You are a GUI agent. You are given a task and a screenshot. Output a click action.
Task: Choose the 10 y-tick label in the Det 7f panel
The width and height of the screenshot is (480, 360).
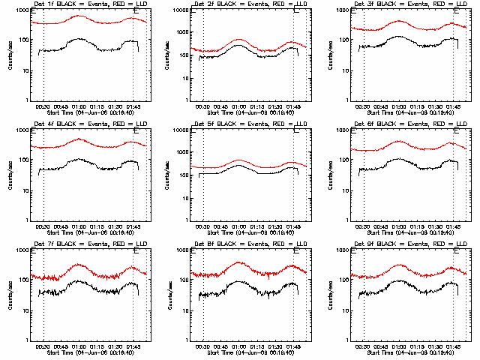tap(24, 310)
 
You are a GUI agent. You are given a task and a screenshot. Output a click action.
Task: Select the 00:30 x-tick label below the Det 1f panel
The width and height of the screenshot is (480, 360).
tap(43, 106)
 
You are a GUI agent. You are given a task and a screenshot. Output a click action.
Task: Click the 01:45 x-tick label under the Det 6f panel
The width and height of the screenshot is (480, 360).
tap(453, 226)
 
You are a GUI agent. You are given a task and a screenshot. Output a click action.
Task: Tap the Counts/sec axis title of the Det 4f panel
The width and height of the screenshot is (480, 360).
tap(10, 175)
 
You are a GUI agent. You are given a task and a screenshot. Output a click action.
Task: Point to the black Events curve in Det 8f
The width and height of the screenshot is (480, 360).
tap(239, 283)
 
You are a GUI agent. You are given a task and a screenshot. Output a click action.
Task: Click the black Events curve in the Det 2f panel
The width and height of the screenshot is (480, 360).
tap(239, 46)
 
